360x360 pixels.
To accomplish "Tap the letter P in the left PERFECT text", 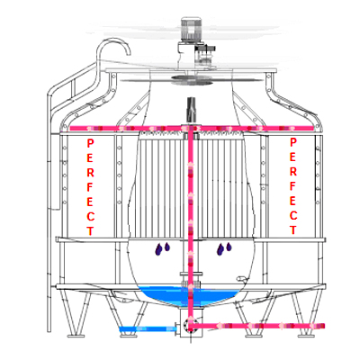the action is (x=90, y=143).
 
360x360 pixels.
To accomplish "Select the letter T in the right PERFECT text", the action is (x=293, y=230).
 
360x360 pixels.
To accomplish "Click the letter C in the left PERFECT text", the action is (x=90, y=216).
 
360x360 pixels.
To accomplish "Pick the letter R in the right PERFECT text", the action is (x=293, y=172).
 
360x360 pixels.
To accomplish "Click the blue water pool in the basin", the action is (x=190, y=295).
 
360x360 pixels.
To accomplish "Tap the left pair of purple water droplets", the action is (x=162, y=248).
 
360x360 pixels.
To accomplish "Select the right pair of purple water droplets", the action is (x=224, y=248).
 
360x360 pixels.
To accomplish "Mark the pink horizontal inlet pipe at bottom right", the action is (x=257, y=326).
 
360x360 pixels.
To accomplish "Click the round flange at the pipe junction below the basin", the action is (x=189, y=325).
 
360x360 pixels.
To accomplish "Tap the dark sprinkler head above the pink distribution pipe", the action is (x=191, y=109).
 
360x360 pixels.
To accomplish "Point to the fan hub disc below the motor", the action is (x=192, y=78).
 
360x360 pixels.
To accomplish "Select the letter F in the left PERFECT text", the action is (x=90, y=187).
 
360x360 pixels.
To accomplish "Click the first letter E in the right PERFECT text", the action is (x=293, y=157).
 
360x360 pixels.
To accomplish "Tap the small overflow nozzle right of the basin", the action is (x=240, y=279).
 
